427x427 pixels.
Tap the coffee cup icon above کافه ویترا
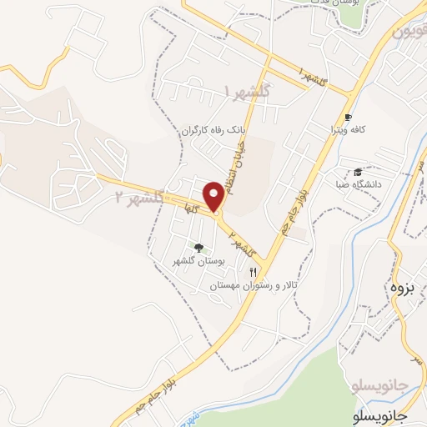pyautogui.click(x=348, y=118)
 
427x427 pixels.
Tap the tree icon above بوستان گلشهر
pyautogui.click(x=198, y=247)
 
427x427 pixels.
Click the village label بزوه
pyautogui.click(x=402, y=288)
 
